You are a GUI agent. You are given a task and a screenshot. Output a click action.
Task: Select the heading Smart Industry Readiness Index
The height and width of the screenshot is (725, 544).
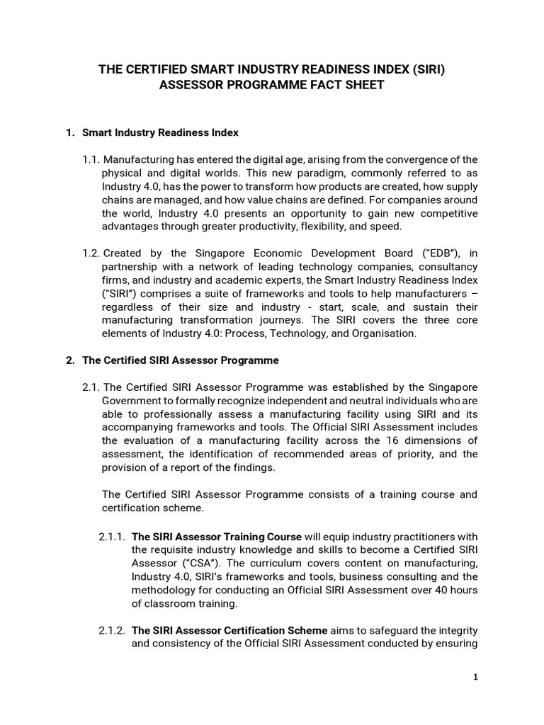pos(160,132)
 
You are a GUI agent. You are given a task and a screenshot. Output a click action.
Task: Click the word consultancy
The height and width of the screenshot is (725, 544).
pos(447,267)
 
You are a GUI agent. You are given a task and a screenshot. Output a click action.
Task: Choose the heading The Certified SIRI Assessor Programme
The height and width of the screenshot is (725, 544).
pos(181,360)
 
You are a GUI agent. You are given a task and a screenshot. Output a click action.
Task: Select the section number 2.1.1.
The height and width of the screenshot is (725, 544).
pos(112,536)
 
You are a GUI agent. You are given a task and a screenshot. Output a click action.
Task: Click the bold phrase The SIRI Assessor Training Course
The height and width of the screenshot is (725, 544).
pos(217,536)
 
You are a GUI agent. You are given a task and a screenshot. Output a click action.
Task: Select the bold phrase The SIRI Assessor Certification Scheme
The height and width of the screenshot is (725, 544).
pos(229,630)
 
